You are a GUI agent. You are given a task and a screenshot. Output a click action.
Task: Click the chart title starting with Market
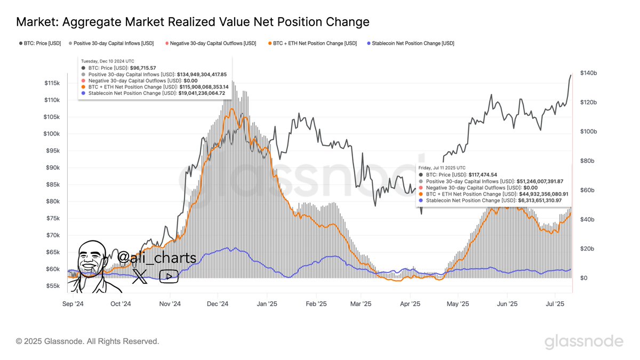193,22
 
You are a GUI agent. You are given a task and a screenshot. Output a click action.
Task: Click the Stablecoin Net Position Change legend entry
411,43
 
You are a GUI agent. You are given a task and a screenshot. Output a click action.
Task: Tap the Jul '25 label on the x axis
556,304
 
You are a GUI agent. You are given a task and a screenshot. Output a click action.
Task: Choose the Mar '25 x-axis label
361,304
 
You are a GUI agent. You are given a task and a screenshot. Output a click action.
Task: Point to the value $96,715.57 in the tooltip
143,68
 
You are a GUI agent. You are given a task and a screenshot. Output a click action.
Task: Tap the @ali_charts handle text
157,258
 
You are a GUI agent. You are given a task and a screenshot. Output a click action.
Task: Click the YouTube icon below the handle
169,276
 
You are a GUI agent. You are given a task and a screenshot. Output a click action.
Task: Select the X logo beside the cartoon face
140,276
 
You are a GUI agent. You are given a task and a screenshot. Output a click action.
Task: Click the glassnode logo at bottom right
583,341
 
